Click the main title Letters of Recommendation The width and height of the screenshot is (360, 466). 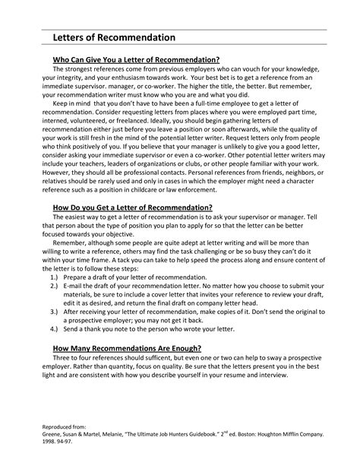click(113, 37)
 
